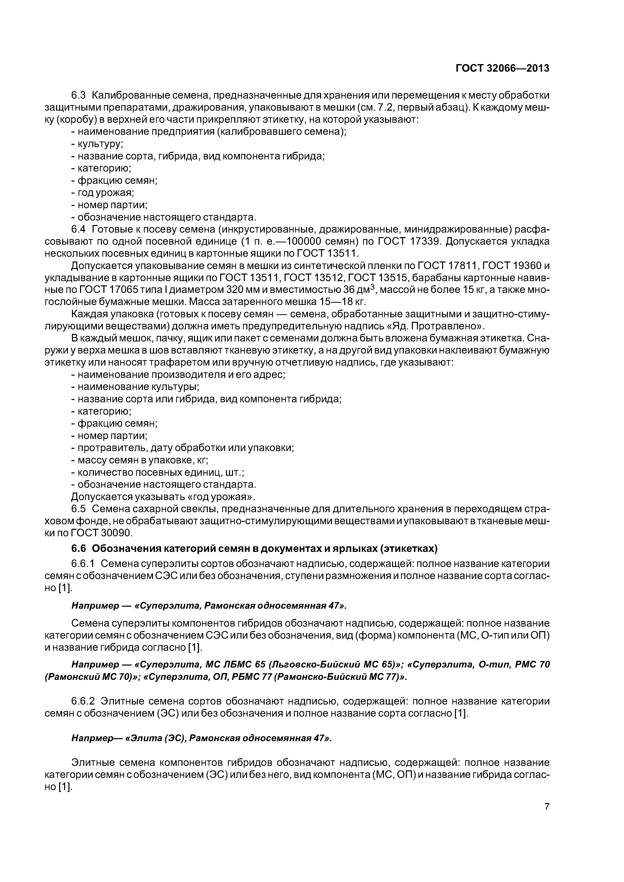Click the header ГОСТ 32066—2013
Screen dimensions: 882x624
(502, 68)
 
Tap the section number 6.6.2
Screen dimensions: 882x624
(83, 701)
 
